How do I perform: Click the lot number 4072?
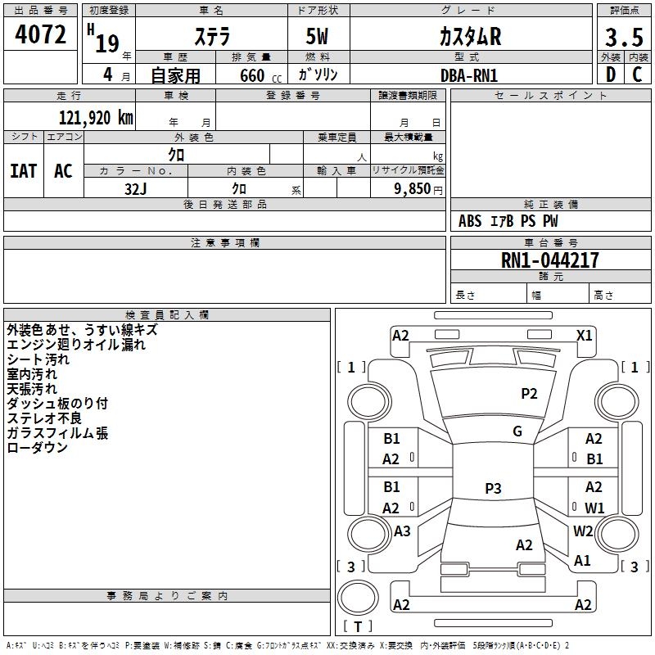point(41,36)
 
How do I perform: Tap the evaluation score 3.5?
point(622,38)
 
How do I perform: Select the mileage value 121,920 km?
point(96,117)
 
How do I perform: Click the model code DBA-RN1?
point(469,75)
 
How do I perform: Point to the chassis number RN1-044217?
point(550,260)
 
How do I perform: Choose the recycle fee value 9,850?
point(417,189)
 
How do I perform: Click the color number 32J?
point(135,189)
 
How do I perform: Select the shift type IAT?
point(23,171)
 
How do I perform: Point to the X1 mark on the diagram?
point(585,335)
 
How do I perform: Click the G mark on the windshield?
point(517,431)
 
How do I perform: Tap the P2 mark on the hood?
point(529,394)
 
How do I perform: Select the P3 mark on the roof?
point(492,489)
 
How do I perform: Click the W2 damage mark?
point(583,531)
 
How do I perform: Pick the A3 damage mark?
point(402,531)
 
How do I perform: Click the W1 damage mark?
point(594,508)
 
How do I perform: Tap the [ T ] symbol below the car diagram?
point(357,626)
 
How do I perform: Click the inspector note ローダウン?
point(37,448)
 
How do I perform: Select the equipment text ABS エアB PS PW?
point(508,221)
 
